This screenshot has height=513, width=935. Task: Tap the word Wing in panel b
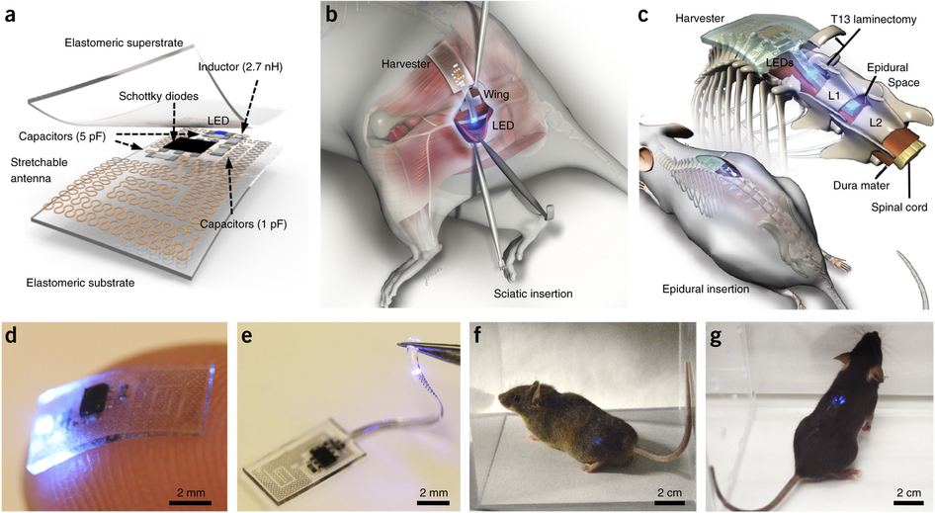coord(493,96)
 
